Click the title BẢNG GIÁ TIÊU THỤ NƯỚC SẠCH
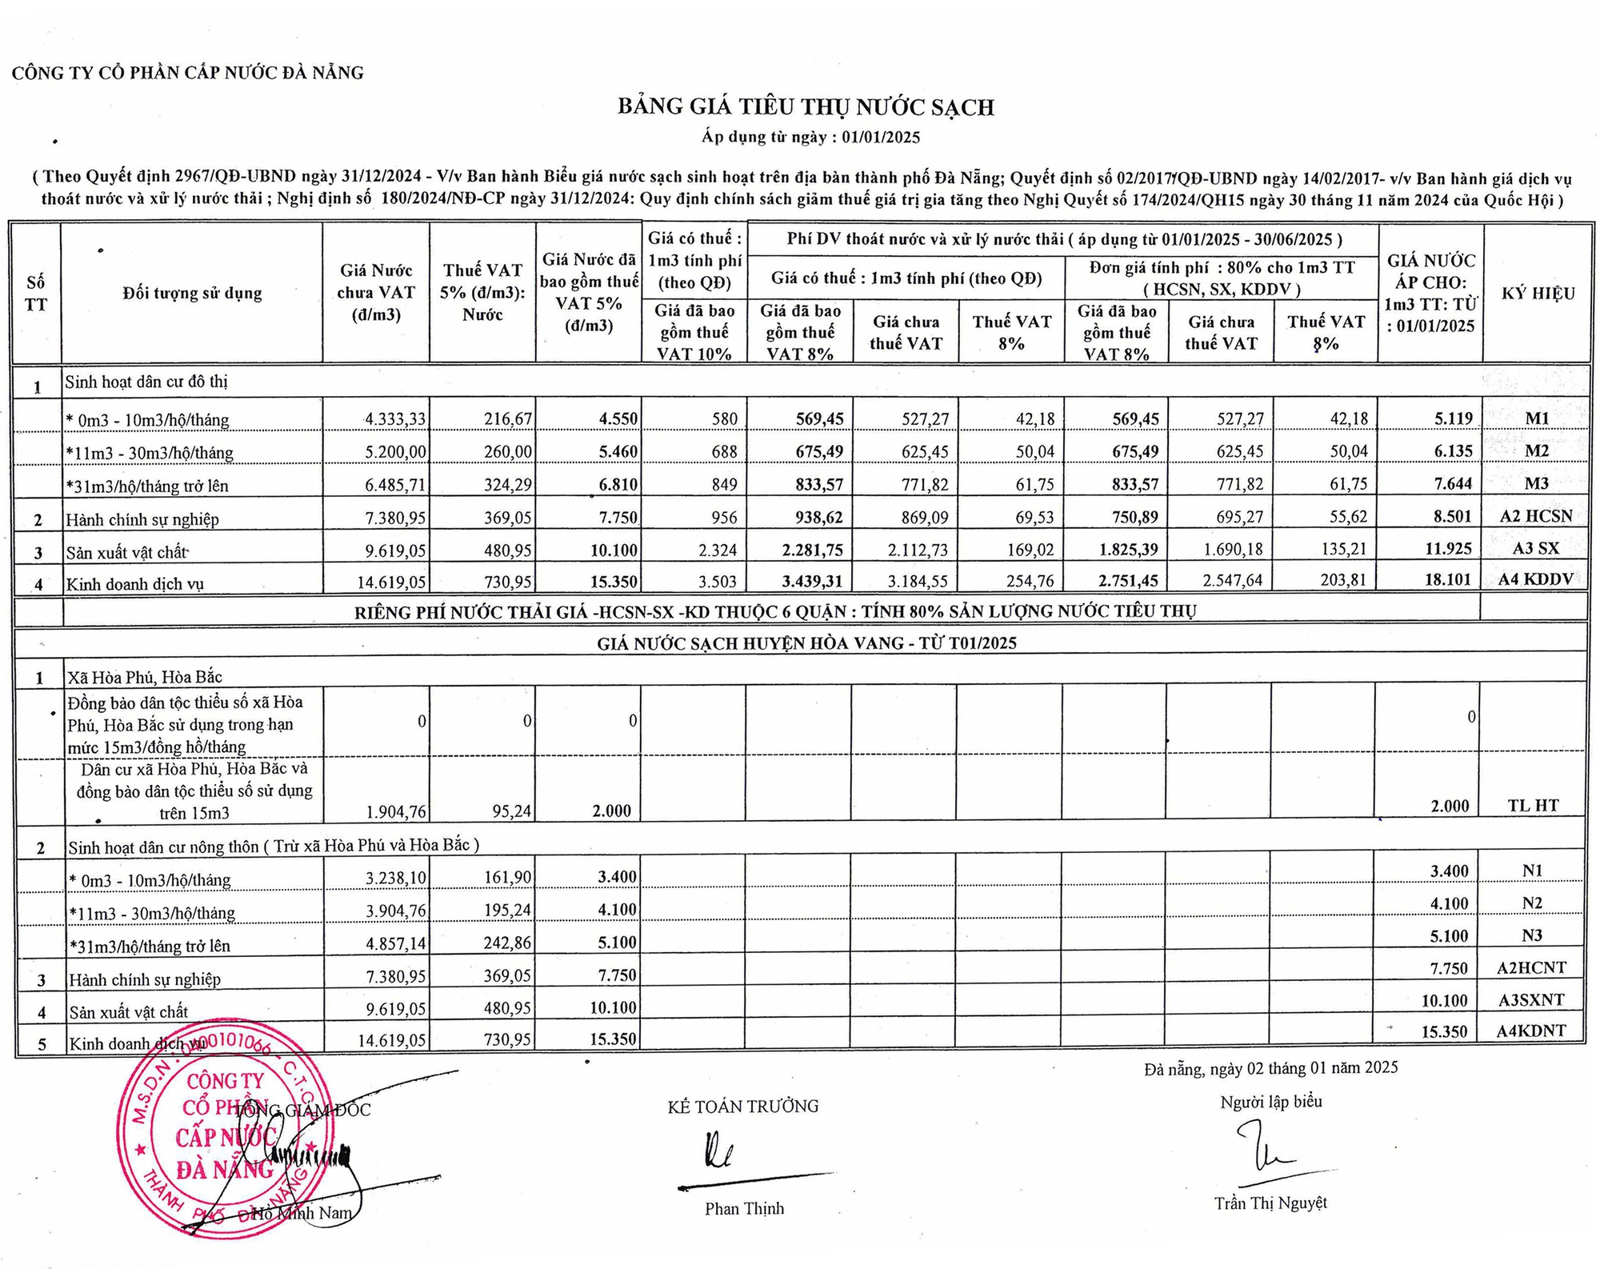point(806,107)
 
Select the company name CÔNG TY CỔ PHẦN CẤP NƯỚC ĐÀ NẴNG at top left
point(188,74)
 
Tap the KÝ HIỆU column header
point(1538,294)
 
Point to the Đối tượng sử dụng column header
point(192,294)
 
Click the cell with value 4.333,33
point(395,418)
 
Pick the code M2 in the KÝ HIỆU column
point(1536,451)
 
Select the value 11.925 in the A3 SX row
point(1447,550)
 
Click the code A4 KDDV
point(1536,579)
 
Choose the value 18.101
point(1447,579)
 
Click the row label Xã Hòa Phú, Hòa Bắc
point(145,677)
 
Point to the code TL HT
point(1532,806)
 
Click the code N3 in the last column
point(1532,935)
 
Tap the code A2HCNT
point(1531,968)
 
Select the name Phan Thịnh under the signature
point(744,1208)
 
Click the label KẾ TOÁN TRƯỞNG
point(743,1107)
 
